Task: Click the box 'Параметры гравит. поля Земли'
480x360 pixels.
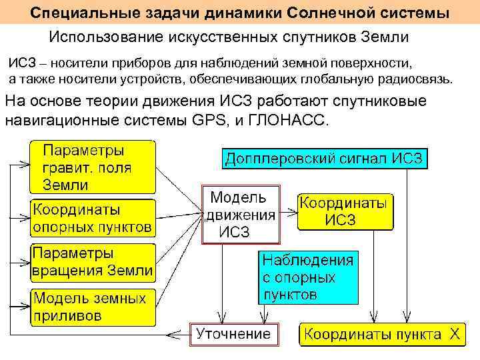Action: click(x=93, y=166)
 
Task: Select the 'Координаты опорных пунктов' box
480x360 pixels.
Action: click(x=93, y=218)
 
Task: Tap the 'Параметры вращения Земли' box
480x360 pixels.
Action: click(x=93, y=262)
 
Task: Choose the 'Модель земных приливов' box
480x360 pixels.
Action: click(x=93, y=305)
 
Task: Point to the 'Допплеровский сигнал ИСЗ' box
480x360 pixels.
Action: click(x=325, y=159)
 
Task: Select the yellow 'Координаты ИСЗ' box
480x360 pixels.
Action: click(x=345, y=211)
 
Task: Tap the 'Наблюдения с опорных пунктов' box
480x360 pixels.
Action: click(x=308, y=276)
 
